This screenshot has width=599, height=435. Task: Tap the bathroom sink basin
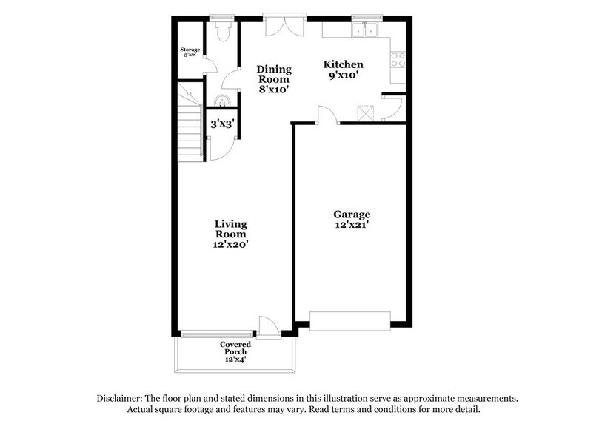pos(222,101)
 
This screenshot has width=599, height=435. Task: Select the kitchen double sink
pos(365,30)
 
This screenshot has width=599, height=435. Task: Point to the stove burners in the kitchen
pos(398,60)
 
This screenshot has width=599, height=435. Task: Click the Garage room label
pos(352,215)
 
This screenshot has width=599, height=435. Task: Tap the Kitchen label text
pos(343,64)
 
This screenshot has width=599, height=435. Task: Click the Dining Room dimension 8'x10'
pos(274,90)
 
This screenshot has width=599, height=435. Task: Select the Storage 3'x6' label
pos(190,52)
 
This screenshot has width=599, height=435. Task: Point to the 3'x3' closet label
pos(222,124)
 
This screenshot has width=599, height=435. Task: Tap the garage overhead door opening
pos(350,320)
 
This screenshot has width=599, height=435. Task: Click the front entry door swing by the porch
pos(268,328)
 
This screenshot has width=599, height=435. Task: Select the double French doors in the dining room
pos(284,27)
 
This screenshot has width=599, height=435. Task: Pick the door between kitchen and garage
pos(327,115)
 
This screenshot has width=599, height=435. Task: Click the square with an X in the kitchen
pos(366,113)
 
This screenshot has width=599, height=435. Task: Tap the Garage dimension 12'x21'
pos(352,225)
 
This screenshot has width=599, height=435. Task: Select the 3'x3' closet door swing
pos(218,148)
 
